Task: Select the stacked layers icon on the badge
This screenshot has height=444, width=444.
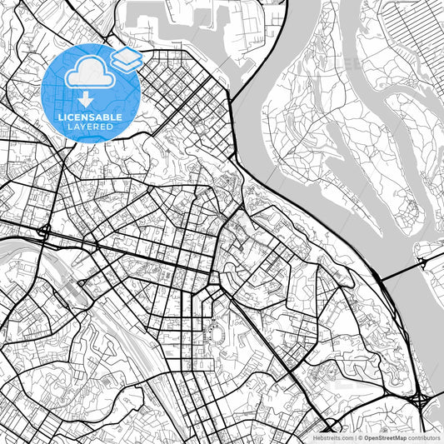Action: tap(126, 59)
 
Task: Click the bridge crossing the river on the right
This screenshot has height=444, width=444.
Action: tap(400, 271)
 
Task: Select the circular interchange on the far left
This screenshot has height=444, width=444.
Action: tap(43, 231)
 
